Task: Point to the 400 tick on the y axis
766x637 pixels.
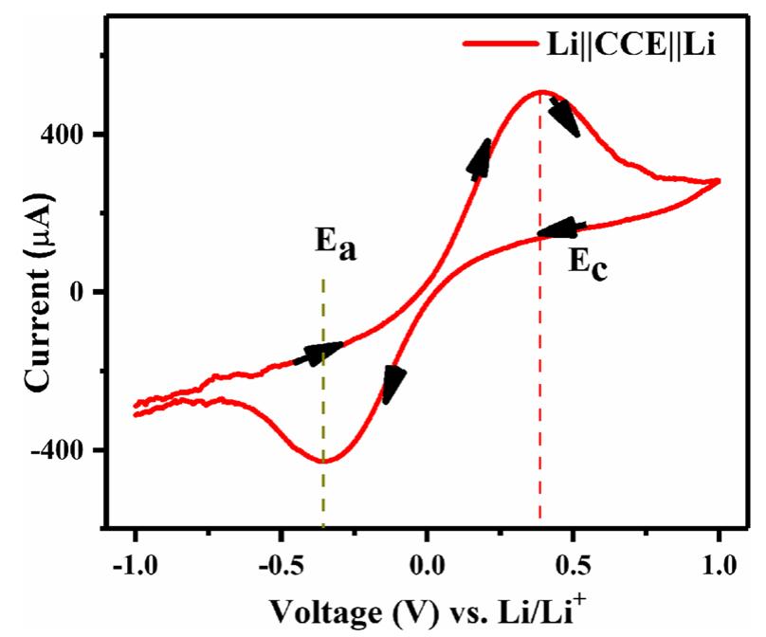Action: coord(73,135)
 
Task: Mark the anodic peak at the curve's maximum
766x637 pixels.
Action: coord(540,92)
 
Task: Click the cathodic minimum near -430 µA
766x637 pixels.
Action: coord(324,462)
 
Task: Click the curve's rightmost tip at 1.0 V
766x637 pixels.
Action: coord(719,180)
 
